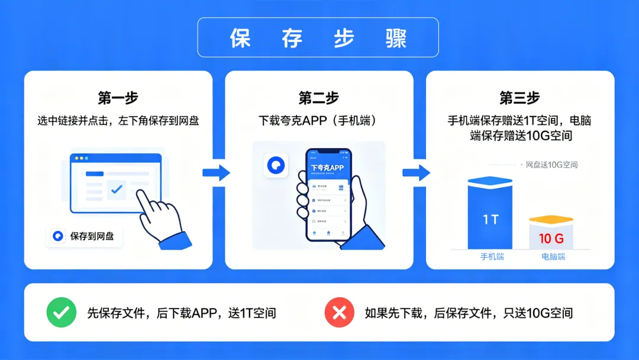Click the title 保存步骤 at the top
pos(318,38)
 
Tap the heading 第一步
pos(118,98)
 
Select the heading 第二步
pos(319,98)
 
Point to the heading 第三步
pos(519,98)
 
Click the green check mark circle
pos(61,313)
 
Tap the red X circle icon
pos(339,313)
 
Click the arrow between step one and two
pos(216,172)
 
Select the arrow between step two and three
pos(417,172)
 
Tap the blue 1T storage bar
pos(490,216)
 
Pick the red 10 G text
pos(551,239)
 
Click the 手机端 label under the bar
pos(492,257)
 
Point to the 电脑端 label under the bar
pos(553,257)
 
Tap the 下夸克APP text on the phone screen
pos(327,168)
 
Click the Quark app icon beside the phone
pos(275,165)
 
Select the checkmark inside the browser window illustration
pos(117,189)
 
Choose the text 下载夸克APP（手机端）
pos(318,121)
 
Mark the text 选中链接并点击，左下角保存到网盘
pos(118,121)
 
